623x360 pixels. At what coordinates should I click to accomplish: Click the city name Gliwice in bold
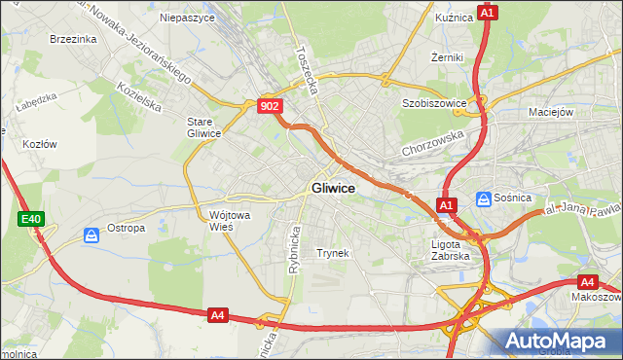point(333,188)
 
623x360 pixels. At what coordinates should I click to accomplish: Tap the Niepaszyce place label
point(186,18)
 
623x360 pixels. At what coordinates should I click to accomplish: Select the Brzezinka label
point(72,39)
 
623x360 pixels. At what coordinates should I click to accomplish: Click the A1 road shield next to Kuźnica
point(488,13)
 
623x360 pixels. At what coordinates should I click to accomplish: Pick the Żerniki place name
point(447,57)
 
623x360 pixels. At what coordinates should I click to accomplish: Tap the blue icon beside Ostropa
point(91,235)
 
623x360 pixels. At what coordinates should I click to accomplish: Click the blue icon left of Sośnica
point(484,198)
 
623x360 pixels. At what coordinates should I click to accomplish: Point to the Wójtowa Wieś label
point(227,221)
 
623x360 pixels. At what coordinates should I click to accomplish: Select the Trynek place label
point(332,253)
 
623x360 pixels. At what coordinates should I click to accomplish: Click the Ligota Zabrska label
point(451,250)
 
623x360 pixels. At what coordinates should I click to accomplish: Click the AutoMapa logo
point(559,340)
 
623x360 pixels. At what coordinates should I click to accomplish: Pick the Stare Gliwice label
point(204,127)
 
